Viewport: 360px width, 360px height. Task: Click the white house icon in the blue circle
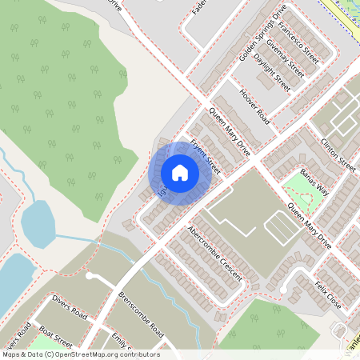pos(180,172)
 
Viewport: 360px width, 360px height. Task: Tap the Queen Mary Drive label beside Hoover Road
pos(229,131)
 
